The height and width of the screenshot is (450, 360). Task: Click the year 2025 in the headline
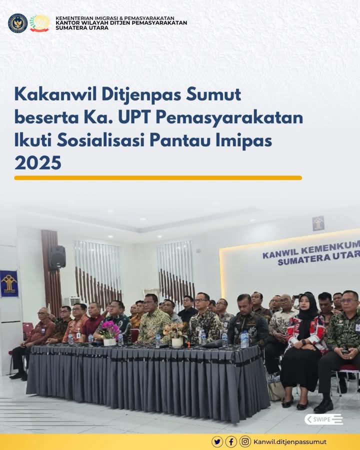(x=38, y=162)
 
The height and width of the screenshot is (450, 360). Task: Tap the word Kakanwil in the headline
(x=55, y=94)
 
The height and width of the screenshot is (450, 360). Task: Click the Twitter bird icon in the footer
(x=217, y=441)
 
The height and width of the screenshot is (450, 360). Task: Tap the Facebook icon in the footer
(x=231, y=441)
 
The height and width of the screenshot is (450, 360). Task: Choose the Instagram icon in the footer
(x=245, y=441)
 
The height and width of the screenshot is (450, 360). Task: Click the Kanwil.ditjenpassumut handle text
(x=290, y=442)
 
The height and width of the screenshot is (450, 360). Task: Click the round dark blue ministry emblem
(x=18, y=23)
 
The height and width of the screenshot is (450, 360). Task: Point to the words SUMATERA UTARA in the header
(x=82, y=28)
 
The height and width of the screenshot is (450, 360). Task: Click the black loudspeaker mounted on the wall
(x=58, y=257)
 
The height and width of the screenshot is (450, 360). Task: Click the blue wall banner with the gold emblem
(x=9, y=283)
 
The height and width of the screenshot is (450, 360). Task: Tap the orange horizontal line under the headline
(x=158, y=178)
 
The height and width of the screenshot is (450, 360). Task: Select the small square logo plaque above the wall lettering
(x=318, y=223)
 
